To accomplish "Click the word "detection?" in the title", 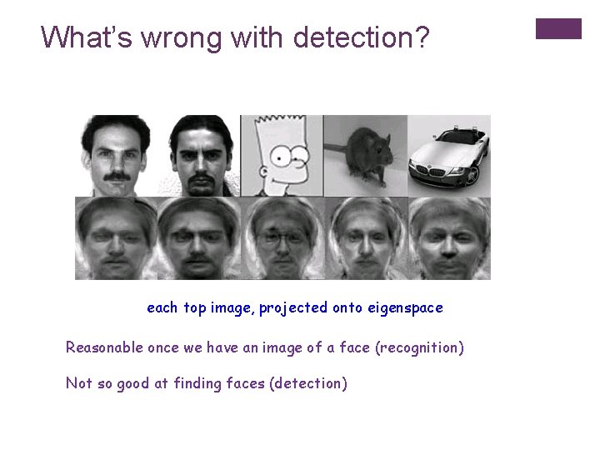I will [362, 37].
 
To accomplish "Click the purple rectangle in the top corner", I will [557, 28].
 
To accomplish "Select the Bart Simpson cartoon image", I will [282, 156].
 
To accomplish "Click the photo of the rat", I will [365, 156].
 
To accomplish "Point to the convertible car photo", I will [449, 156].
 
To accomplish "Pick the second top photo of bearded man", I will [200, 156].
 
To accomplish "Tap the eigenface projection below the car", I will [449, 238].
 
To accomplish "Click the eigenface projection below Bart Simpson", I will [282, 238].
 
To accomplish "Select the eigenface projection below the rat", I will [365, 238].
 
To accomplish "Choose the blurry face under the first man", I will [117, 238].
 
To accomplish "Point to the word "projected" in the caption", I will [293, 308].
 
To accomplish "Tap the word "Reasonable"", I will [104, 347].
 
